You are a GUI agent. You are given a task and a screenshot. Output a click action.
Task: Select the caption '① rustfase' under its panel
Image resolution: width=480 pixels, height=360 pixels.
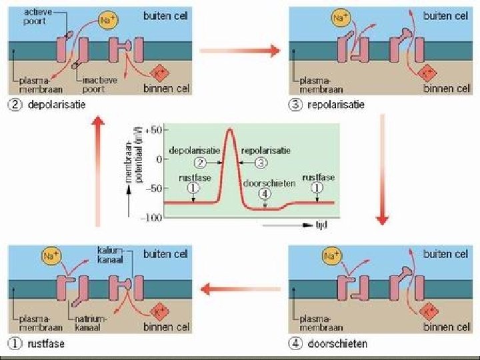coord(36,343)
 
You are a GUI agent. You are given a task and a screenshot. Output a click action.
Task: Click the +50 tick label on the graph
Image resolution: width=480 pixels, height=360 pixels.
coord(154,131)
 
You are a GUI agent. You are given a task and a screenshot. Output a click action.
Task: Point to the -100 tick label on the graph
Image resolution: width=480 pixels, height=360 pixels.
coord(153,217)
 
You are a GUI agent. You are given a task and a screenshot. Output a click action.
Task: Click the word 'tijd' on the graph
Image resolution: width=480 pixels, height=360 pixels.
coord(321,225)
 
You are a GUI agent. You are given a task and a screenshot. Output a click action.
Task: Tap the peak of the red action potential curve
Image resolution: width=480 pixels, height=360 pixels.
coord(230,129)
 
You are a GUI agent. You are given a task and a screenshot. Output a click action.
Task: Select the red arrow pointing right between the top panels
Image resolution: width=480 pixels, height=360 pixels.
coord(239,50)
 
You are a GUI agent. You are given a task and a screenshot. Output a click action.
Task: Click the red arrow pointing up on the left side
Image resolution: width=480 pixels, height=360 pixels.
coord(98,171)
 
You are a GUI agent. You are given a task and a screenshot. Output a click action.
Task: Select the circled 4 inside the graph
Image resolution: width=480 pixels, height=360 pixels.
coord(265,194)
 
